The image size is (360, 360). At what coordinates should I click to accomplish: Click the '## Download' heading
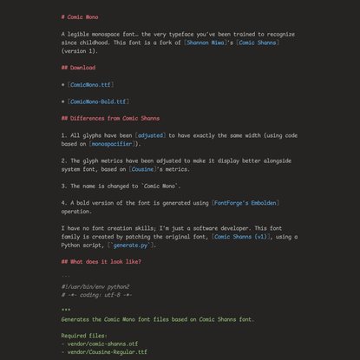pyautogui.click(x=78, y=67)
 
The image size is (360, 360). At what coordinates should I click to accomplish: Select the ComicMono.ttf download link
pyautogui.click(x=90, y=84)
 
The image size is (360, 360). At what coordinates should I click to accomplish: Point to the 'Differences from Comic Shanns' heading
pyautogui.click(x=110, y=118)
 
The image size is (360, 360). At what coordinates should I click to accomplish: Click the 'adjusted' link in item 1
pyautogui.click(x=151, y=135)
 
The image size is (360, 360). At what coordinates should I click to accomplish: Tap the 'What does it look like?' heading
pyautogui.click(x=101, y=261)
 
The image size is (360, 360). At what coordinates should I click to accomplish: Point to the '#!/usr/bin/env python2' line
pyautogui.click(x=95, y=286)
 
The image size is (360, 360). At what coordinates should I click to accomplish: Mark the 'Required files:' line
pyautogui.click(x=84, y=336)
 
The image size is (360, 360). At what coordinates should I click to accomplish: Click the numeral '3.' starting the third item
pyautogui.click(x=64, y=186)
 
